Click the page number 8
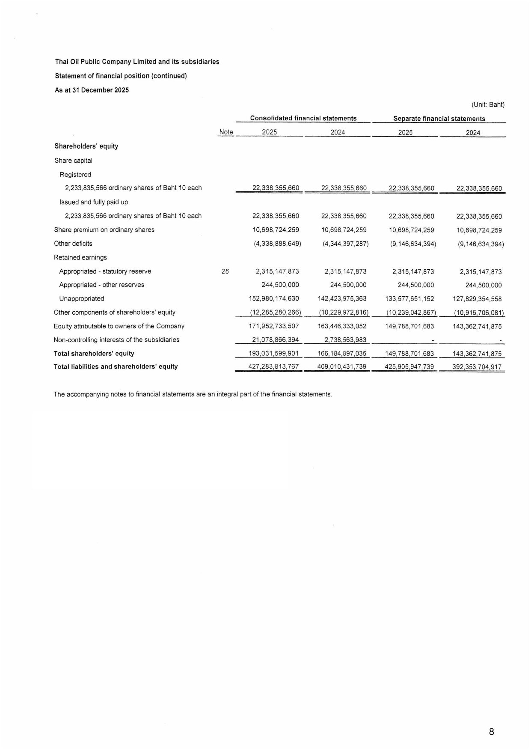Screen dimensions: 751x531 (491, 732)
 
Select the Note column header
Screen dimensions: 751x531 (226, 132)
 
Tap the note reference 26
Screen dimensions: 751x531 (225, 271)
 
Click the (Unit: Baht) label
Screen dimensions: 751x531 (488, 104)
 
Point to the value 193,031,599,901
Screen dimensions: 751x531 (273, 354)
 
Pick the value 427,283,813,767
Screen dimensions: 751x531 (273, 367)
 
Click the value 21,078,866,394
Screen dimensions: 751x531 (275, 340)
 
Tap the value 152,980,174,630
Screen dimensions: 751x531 (274, 299)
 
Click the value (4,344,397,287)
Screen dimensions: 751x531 (345, 244)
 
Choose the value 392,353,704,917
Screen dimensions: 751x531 (477, 367)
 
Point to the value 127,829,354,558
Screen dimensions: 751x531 (477, 299)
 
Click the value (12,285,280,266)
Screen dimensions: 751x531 (276, 313)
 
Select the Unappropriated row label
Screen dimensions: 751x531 (82, 299)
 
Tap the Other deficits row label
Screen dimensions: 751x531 (73, 244)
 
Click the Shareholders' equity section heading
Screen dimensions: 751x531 (86, 146)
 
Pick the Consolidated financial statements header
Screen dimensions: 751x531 (303, 119)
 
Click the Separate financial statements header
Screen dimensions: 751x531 (439, 119)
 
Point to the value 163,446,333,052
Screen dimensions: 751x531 (342, 326)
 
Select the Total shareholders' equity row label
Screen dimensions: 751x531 (94, 354)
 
